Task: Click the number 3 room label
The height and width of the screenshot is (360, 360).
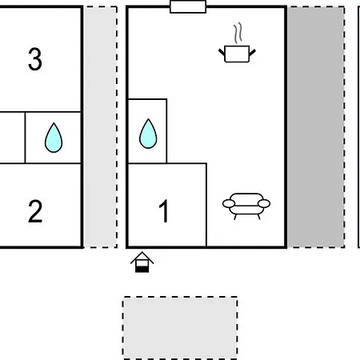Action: click(35, 59)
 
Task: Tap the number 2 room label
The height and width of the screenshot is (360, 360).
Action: click(35, 211)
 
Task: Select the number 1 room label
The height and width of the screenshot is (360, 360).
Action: click(164, 211)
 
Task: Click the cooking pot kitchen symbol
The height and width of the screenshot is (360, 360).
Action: click(237, 54)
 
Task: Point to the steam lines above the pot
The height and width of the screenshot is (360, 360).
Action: click(238, 33)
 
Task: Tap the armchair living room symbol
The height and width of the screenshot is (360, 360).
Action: click(246, 206)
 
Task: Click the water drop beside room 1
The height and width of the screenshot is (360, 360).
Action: click(148, 134)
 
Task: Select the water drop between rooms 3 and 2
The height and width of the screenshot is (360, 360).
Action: click(54, 138)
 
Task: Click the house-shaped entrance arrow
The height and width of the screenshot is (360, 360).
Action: click(142, 262)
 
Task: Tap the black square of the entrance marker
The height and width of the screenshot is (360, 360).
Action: click(142, 269)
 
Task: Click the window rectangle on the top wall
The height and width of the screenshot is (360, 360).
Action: click(188, 6)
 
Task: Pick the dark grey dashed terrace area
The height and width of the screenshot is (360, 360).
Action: click(316, 127)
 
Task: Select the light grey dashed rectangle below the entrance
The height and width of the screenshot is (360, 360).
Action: click(180, 328)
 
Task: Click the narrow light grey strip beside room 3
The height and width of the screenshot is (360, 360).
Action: click(101, 127)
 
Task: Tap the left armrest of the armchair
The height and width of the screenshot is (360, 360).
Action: click(229, 204)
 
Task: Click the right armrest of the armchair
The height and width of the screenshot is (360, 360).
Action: click(264, 203)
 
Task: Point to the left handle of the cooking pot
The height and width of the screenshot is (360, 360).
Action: click(222, 52)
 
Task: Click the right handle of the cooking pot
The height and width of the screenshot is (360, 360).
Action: click(253, 52)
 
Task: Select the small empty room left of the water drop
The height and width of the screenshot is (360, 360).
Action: click(12, 138)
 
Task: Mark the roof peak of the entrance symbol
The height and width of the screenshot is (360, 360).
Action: click(142, 252)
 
